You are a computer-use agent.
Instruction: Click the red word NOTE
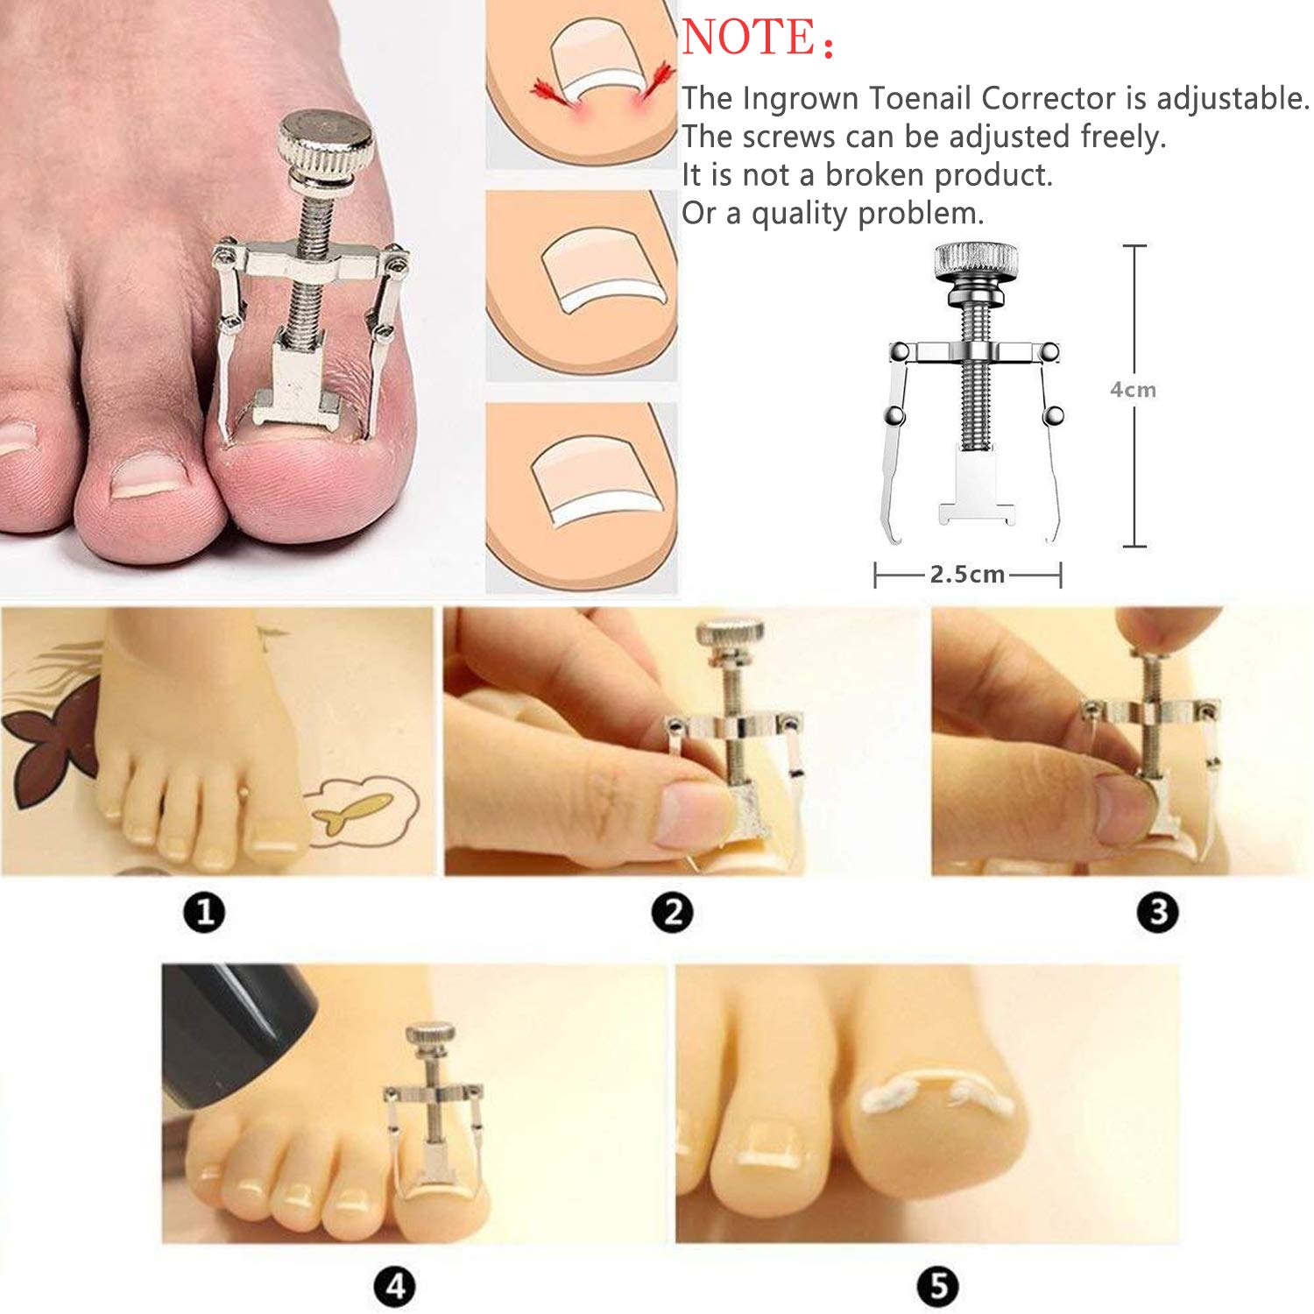(748, 39)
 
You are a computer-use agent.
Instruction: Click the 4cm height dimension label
(1133, 390)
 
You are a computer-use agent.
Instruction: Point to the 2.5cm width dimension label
(967, 575)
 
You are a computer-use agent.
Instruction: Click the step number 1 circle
(205, 913)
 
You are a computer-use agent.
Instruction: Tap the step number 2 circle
(673, 913)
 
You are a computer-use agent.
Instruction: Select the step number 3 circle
(1157, 913)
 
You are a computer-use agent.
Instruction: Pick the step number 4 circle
(395, 1287)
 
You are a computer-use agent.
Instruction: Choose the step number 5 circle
(937, 1287)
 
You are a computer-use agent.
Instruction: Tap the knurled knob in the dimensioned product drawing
(976, 261)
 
